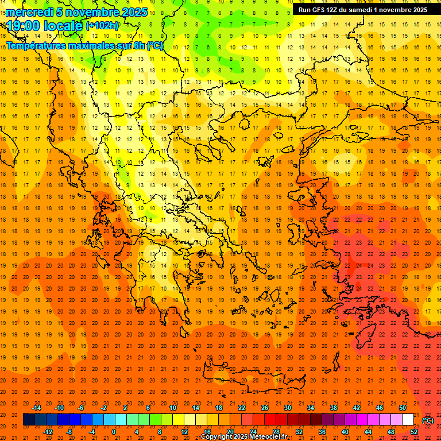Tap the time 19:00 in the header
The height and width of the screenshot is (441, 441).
[24, 25]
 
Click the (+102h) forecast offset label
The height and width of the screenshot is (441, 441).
[102, 25]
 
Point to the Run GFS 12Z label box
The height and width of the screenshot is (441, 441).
[362, 10]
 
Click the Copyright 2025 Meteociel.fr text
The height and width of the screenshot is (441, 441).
[243, 436]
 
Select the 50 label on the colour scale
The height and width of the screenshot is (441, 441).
[403, 407]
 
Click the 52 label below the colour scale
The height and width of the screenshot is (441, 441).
[414, 431]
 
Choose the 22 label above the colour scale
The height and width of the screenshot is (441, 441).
[242, 407]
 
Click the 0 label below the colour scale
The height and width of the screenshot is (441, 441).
[114, 431]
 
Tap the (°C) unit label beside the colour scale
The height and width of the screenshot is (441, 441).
[428, 420]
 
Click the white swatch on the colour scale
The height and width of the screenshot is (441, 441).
[408, 419]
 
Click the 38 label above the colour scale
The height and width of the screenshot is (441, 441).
[334, 407]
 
